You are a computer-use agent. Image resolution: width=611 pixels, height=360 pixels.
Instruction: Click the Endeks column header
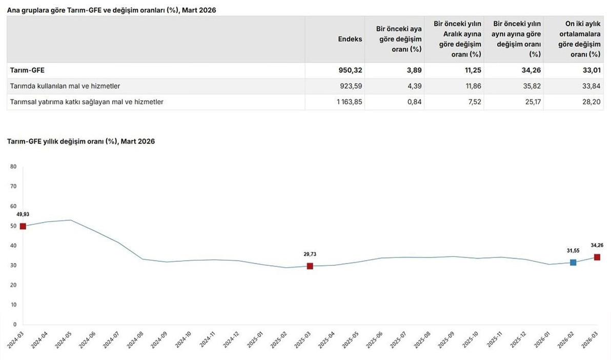tap(350, 39)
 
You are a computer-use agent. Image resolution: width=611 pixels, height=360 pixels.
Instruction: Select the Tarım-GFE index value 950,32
tap(350, 70)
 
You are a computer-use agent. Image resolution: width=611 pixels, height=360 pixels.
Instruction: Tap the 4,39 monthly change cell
tap(415, 86)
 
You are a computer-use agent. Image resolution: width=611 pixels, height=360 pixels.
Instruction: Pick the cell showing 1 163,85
tap(350, 102)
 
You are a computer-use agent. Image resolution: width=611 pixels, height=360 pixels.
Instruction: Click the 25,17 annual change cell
tap(532, 102)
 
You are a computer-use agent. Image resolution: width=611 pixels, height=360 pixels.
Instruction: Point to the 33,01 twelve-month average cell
tap(592, 70)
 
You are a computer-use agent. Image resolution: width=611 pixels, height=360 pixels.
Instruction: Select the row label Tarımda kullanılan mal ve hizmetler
tap(65, 86)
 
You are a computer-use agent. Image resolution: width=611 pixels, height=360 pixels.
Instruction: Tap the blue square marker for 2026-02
tap(573, 263)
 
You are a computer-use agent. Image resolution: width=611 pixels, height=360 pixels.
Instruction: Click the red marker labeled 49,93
tap(23, 226)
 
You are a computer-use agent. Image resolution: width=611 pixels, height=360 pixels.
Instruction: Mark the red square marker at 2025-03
tap(310, 266)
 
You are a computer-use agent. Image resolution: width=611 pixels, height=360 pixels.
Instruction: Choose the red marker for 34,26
tap(597, 257)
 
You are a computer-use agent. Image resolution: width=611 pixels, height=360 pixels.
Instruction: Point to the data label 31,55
tap(573, 251)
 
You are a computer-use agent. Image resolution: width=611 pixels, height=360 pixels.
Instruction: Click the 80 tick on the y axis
tap(13, 167)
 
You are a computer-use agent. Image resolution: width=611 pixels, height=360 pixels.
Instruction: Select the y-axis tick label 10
tap(13, 305)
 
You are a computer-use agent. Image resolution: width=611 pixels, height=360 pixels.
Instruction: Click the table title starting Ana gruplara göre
tap(111, 10)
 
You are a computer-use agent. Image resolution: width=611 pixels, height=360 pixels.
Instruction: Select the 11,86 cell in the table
tap(473, 86)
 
